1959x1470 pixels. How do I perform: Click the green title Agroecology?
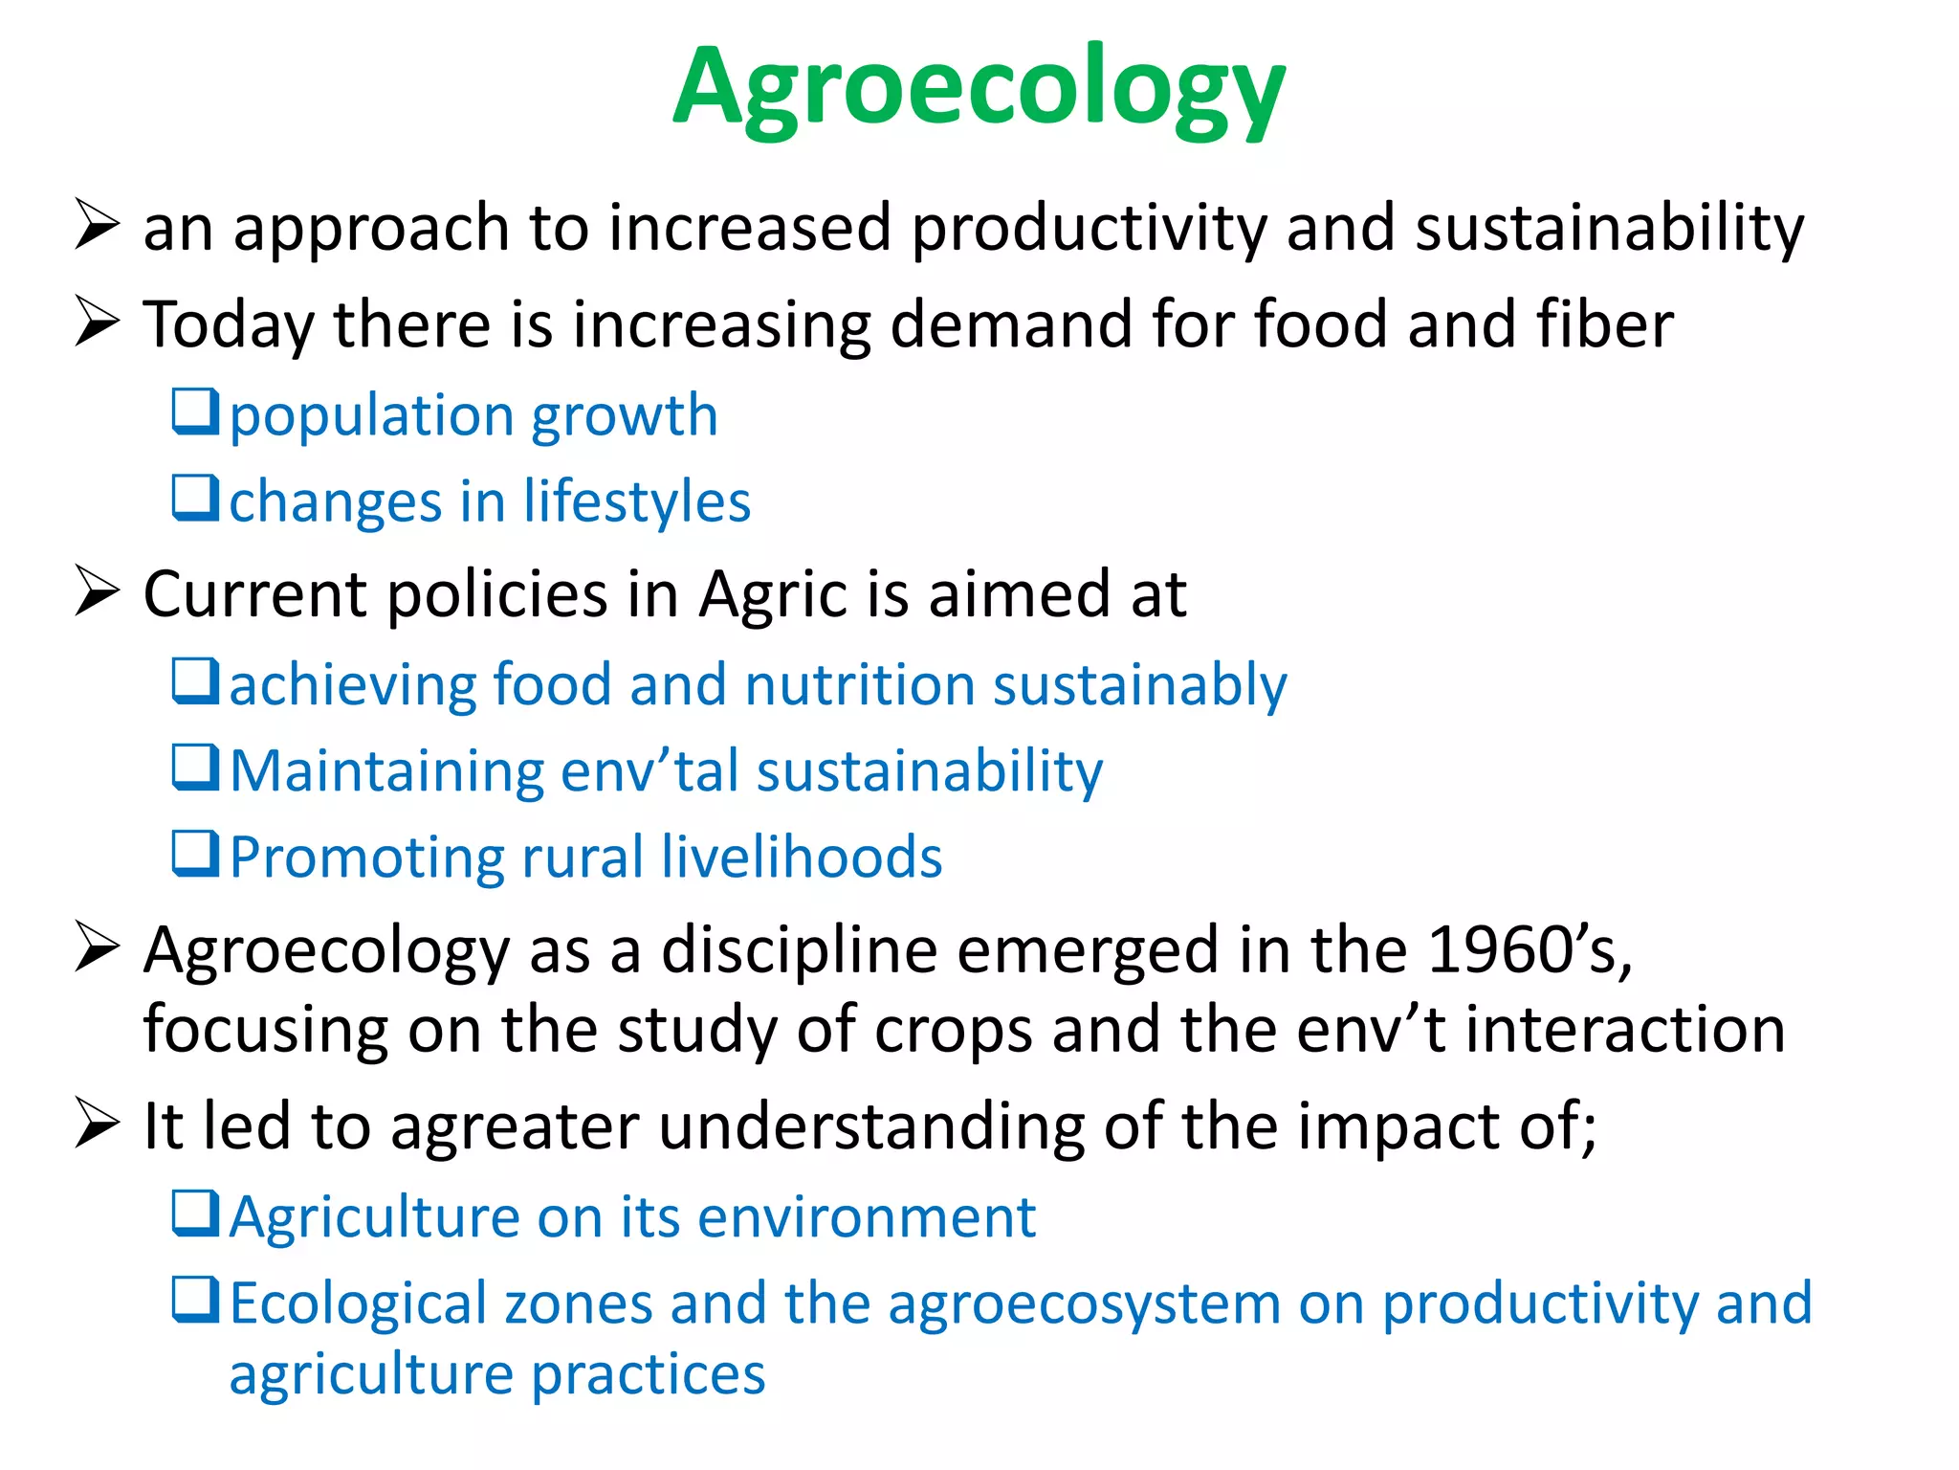point(979,91)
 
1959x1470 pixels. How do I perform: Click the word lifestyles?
point(637,501)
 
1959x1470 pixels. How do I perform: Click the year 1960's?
point(1529,950)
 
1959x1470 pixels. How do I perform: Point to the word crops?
point(954,1030)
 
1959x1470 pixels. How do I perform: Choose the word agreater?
point(515,1126)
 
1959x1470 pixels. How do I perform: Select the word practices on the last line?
point(649,1374)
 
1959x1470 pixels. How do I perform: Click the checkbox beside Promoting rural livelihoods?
point(196,854)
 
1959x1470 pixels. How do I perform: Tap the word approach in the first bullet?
point(371,230)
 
